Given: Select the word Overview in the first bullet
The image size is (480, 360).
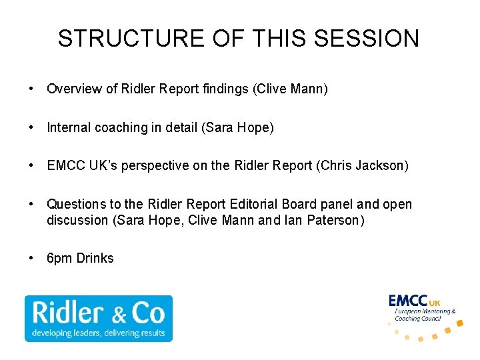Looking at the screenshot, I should pos(74,89).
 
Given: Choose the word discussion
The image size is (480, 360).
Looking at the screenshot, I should pos(75,219).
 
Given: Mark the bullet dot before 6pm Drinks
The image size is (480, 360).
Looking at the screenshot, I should pos(31,258).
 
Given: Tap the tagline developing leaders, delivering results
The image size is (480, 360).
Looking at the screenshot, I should pos(98,333).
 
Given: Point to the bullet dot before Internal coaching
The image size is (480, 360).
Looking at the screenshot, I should pos(31,128).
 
